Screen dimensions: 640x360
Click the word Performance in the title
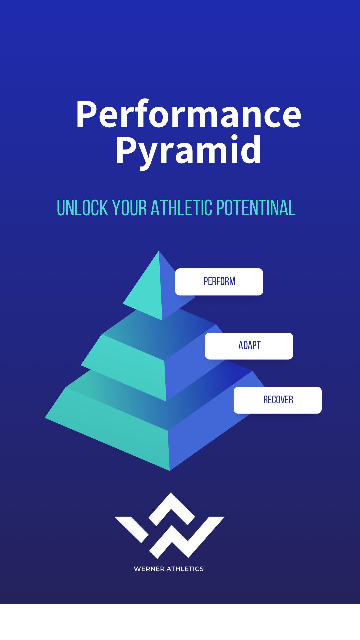(189, 114)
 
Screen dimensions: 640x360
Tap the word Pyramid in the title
(189, 151)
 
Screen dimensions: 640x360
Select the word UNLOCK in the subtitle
(82, 208)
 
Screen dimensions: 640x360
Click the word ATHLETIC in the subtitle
(181, 208)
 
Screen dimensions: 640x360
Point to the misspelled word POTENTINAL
(256, 208)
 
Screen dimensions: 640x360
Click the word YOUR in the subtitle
(129, 208)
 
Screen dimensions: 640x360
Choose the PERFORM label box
(219, 282)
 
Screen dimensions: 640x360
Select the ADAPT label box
(249, 346)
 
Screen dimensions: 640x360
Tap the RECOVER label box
(278, 400)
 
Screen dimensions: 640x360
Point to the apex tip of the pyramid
(159, 252)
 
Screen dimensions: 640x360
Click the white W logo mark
(170, 530)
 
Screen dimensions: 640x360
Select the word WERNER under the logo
(149, 569)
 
